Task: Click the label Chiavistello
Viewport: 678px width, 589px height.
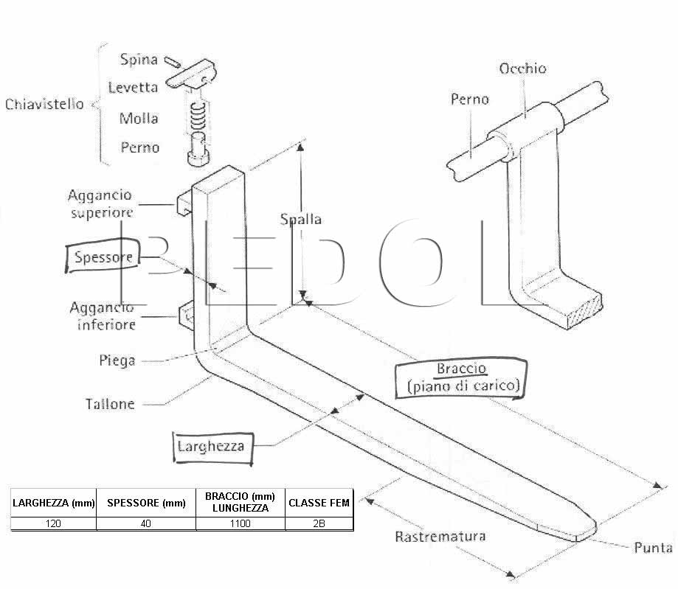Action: pos(44,104)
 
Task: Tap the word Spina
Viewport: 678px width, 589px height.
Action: pos(139,60)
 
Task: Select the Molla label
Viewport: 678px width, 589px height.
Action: pos(139,119)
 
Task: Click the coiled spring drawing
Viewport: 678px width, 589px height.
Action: pos(198,116)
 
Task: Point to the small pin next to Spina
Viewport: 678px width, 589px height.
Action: pos(173,62)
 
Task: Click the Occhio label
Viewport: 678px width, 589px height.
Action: pos(523,69)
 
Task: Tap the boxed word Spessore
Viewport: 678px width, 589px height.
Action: pos(104,257)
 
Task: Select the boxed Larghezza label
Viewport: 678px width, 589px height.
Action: pos(211,447)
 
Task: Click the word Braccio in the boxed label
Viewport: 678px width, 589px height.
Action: pos(462,369)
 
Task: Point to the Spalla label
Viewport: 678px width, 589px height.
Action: pos(301,220)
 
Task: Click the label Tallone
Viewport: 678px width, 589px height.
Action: pos(110,404)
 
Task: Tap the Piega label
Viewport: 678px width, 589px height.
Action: pos(117,360)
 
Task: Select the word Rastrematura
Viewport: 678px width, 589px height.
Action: pos(440,537)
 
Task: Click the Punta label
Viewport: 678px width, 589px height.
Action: pos(653,548)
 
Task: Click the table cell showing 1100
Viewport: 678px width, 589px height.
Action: pos(241,523)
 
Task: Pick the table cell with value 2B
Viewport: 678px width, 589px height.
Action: pos(319,523)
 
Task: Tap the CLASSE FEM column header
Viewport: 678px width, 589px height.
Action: pos(319,503)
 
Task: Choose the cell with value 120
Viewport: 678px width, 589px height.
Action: pos(53,523)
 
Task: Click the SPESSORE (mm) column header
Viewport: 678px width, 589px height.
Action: pos(146,503)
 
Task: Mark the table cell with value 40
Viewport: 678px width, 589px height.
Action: pos(146,523)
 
